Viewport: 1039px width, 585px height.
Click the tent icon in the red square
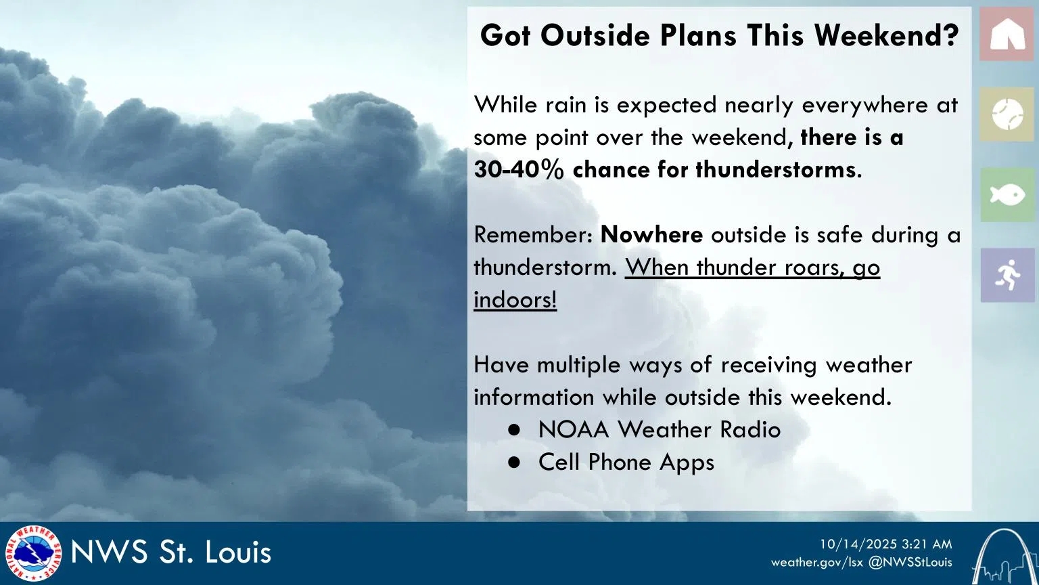pos(1007,34)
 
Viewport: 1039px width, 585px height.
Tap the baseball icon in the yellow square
pos(1007,114)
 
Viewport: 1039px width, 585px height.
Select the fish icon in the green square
pos(1007,195)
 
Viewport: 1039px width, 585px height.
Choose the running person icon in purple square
pos(1007,275)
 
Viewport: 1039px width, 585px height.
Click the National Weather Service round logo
pos(32,553)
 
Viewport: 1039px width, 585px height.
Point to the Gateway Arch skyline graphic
pos(1005,557)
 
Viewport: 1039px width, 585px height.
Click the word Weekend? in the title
pos(886,36)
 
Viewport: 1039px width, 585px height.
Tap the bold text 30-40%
pos(518,169)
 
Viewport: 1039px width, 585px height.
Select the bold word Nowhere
pos(651,234)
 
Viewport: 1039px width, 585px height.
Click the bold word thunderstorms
pos(775,169)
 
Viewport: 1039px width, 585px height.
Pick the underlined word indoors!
pos(515,299)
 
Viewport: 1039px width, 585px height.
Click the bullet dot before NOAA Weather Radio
pos(515,430)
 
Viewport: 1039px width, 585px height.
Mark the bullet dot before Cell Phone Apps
pos(515,462)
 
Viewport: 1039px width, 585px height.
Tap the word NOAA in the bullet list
pos(574,430)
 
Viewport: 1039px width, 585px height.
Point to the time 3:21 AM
pos(927,544)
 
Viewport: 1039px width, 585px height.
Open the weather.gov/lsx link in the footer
pos(816,562)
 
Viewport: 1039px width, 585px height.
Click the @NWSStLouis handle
pos(910,562)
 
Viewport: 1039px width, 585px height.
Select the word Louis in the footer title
pos(238,552)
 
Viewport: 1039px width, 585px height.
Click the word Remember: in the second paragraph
pos(533,234)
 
